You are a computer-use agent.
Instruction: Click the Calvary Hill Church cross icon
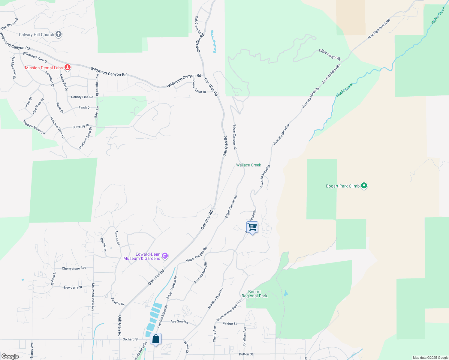tap(59, 34)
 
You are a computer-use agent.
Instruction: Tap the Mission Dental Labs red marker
tap(68, 67)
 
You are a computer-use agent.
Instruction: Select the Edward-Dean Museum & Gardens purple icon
tap(164, 256)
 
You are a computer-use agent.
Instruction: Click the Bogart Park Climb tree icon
tap(364, 186)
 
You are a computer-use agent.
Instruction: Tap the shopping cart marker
tap(252, 227)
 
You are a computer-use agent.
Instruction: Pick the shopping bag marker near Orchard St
tap(155, 339)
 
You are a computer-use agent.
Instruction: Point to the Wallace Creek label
tap(249, 165)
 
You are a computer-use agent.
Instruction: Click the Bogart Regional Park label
tap(255, 294)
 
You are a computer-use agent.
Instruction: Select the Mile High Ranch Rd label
tap(379, 29)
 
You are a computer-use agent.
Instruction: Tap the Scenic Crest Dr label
tap(199, 86)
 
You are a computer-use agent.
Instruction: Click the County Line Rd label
tap(82, 97)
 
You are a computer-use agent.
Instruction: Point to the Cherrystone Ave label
tap(74, 268)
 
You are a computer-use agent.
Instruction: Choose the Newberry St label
tap(73, 287)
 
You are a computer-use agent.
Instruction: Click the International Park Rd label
tap(229, 311)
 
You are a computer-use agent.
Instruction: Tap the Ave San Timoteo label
tap(215, 298)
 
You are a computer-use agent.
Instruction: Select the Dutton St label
tap(246, 354)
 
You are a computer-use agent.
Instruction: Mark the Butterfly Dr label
tap(81, 126)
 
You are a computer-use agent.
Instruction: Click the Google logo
tap(10, 356)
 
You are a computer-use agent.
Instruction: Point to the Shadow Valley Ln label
tap(34, 127)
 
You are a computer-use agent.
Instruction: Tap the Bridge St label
tap(230, 323)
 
